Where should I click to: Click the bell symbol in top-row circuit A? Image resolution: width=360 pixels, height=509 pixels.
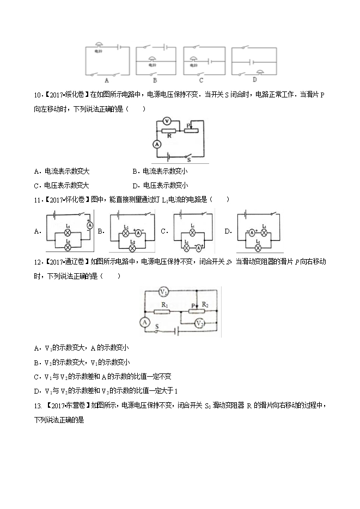pos(99,45)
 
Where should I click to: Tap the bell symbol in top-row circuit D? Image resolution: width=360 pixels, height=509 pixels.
pos(260,72)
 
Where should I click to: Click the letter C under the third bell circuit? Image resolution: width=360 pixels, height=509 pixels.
pos(201,80)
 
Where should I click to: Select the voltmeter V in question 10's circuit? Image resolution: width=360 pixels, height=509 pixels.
pos(167,121)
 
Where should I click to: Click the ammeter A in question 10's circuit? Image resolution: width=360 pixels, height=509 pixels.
pos(157,144)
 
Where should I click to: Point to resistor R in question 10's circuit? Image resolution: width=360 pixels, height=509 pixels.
pos(168,131)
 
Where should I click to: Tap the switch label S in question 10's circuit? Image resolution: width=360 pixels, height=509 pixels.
pos(188,160)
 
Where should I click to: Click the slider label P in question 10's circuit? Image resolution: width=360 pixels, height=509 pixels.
pos(188,126)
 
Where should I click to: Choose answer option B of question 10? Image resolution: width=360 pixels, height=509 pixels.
pos(160,171)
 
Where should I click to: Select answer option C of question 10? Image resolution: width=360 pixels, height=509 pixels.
pos(62,185)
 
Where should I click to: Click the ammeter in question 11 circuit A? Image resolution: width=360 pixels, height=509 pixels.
pos(90,225)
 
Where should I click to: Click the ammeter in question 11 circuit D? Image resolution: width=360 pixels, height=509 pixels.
pos(252,232)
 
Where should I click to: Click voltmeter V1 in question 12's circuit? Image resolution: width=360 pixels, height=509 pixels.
pos(163,292)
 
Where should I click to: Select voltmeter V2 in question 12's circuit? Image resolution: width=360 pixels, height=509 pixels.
pos(200,323)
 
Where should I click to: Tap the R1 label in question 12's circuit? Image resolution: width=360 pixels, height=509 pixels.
pos(164,305)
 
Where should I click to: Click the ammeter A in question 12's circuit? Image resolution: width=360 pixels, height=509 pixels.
pos(145,322)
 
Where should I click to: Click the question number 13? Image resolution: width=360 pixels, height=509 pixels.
pos(38,406)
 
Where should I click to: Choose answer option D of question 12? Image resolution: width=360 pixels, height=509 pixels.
pos(106,391)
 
